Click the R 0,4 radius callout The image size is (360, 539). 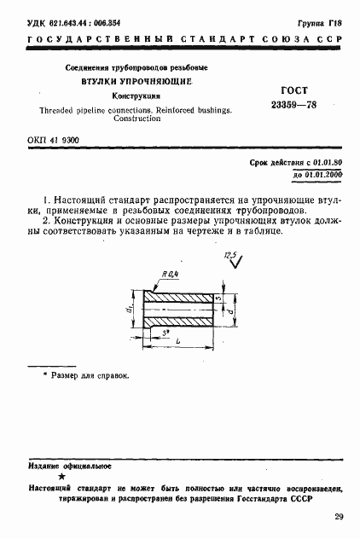point(171,273)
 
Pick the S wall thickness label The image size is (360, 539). point(218,299)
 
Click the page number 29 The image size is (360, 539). point(340,517)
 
